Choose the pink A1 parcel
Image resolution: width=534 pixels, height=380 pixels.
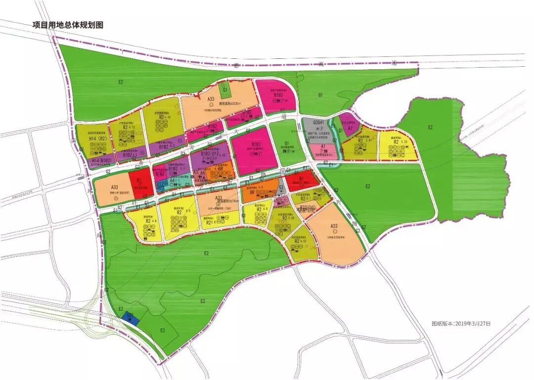click(x=322, y=149)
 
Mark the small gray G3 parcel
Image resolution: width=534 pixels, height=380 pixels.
click(x=280, y=189)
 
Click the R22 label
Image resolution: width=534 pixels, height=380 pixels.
click(x=304, y=207)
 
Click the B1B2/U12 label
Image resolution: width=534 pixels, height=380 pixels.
click(x=212, y=154)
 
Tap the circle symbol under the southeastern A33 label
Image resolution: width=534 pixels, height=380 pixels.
click(x=335, y=232)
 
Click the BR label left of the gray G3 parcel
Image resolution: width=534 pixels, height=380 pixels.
click(x=252, y=192)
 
